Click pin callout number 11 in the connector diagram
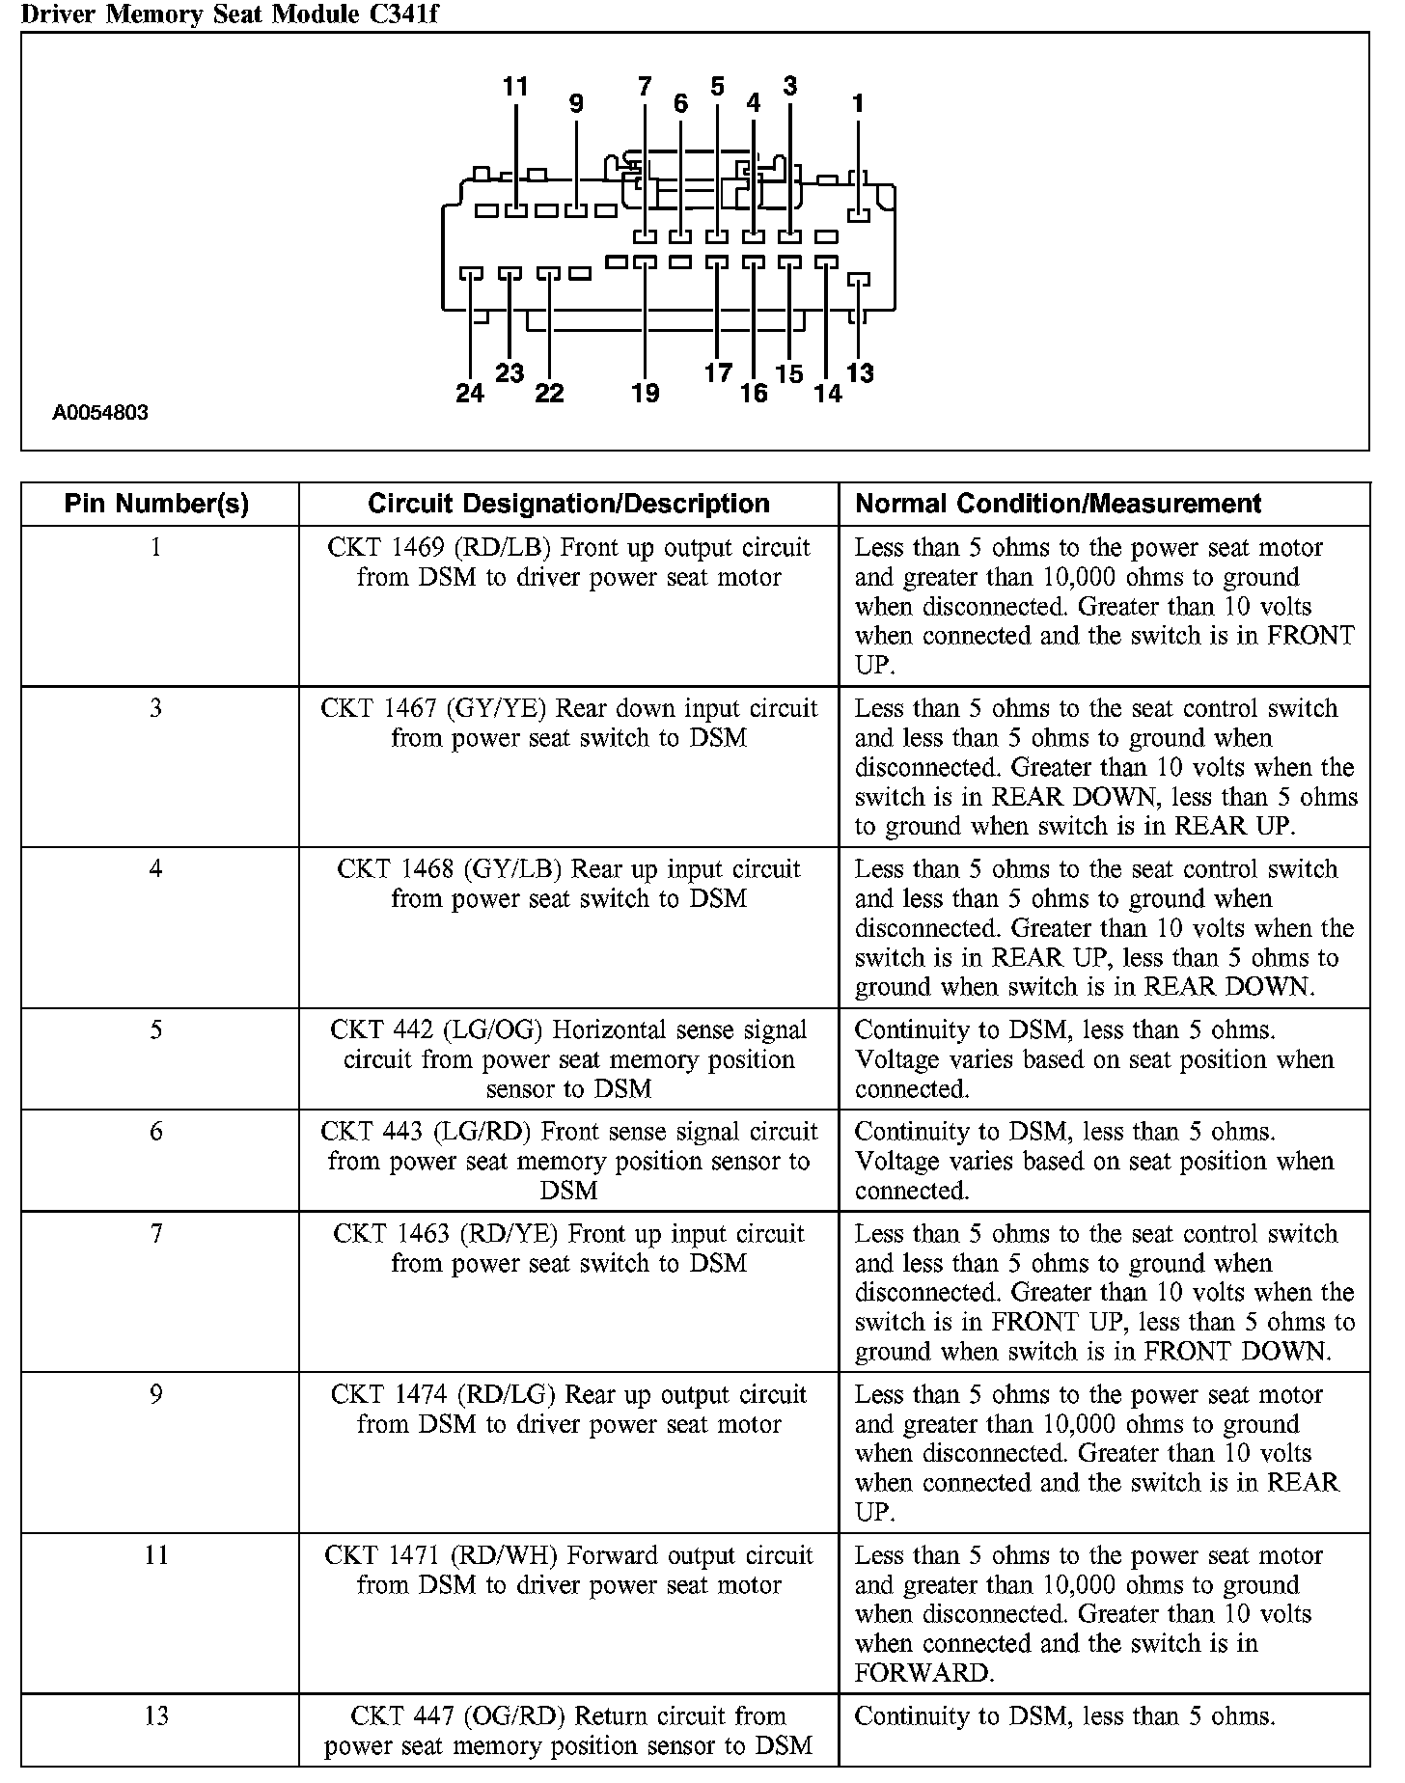point(516,87)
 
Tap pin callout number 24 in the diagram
point(470,393)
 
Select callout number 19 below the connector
point(646,393)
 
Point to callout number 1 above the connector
point(858,103)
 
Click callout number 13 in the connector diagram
point(860,373)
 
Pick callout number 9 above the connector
point(576,103)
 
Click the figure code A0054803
point(100,413)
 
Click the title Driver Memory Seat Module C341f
point(221,14)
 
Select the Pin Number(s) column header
point(156,504)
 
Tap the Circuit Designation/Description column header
point(568,504)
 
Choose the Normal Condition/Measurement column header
point(1059,504)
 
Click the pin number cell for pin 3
point(156,709)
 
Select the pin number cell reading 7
point(156,1234)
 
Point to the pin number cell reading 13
point(156,1716)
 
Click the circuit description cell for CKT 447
point(568,1731)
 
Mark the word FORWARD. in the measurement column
point(923,1673)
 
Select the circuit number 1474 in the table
point(417,1395)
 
